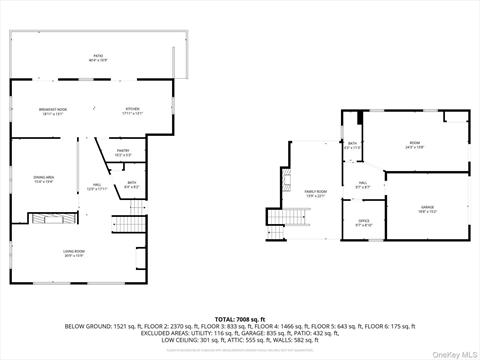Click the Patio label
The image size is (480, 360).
98,57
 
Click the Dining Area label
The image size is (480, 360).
44,181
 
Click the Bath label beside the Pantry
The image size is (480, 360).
131,183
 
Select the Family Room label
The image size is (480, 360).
316,192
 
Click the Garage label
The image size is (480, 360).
426,209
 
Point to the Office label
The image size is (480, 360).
364,223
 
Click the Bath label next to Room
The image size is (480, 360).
353,145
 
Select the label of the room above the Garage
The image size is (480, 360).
415,145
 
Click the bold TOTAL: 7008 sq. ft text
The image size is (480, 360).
240,319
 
